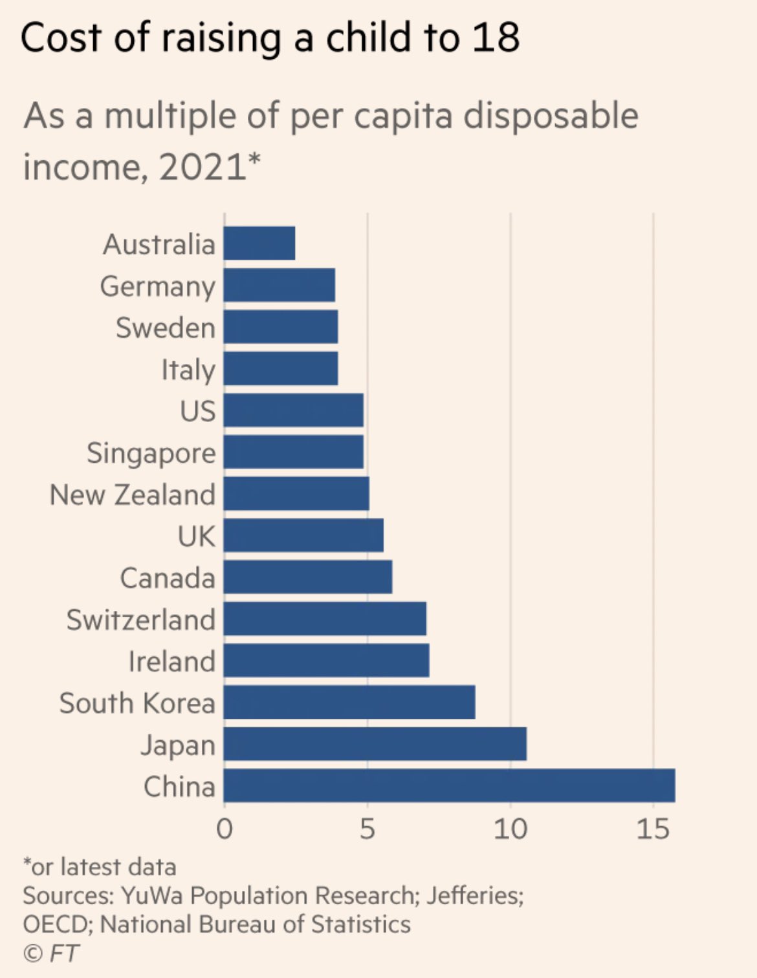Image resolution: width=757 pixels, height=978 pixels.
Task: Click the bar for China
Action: tap(450, 786)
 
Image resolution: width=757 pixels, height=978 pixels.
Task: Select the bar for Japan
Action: tap(375, 744)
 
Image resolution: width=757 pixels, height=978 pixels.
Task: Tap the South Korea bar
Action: tap(349, 702)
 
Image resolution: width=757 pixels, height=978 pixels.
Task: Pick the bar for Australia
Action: tap(259, 243)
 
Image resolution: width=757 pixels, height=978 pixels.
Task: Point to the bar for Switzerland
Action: tap(325, 619)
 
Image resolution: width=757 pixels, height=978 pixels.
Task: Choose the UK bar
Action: tap(303, 535)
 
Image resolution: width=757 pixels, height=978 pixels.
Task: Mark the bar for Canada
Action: tap(308, 577)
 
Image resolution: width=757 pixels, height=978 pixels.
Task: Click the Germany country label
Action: tap(158, 287)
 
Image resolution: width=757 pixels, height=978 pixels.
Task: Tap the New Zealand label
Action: tap(133, 494)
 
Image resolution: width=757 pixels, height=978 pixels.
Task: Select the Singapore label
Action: tap(151, 453)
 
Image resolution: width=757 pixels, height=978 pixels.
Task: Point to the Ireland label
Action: tap(172, 661)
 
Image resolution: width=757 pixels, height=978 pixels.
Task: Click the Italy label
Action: tap(188, 370)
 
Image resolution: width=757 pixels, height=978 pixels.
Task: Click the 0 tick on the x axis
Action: tap(225, 829)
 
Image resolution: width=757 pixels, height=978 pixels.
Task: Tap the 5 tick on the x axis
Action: tap(368, 829)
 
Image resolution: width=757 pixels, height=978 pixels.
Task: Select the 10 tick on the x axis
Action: tap(510, 829)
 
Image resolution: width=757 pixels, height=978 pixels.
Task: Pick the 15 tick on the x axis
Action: tap(653, 829)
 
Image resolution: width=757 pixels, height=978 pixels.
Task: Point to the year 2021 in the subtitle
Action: tap(203, 167)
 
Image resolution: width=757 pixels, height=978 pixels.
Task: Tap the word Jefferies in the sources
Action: tap(474, 895)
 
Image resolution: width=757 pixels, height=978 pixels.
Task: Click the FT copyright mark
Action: tap(51, 953)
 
